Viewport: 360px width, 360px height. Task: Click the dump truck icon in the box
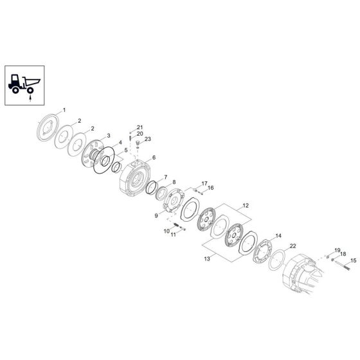pos(24,84)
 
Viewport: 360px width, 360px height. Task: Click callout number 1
pos(64,110)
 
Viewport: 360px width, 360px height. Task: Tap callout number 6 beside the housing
pos(154,157)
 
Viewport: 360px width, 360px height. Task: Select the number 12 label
pos(246,206)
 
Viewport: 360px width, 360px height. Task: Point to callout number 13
pos(207,258)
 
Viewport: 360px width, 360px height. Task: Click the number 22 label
pos(293,246)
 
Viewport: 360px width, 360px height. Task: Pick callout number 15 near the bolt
pos(354,260)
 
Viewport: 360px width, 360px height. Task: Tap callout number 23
pos(148,139)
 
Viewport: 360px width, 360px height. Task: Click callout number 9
pos(156,216)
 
